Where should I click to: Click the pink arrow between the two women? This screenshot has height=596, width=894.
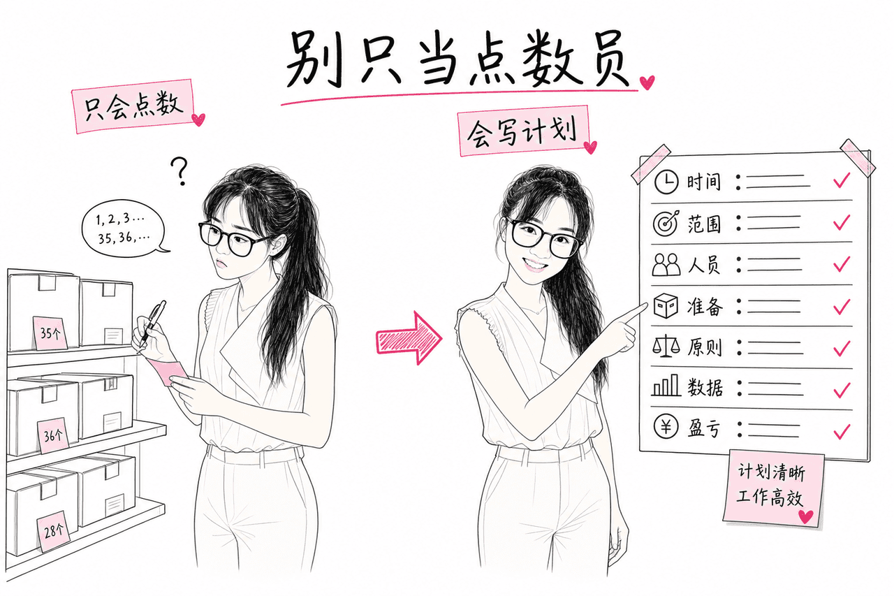click(x=409, y=338)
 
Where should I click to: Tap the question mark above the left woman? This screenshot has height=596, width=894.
click(x=179, y=171)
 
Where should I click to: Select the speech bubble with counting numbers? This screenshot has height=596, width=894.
click(x=124, y=228)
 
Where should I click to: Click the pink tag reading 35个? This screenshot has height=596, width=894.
click(x=50, y=332)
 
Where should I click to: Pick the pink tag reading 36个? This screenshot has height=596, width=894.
click(x=54, y=435)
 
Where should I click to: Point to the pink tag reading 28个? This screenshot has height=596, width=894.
click(x=53, y=531)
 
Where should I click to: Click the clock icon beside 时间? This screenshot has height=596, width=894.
click(x=666, y=182)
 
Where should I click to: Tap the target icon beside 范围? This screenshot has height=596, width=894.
click(x=666, y=223)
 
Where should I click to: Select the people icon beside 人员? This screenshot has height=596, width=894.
click(x=666, y=264)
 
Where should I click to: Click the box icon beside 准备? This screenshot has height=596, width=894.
click(x=666, y=306)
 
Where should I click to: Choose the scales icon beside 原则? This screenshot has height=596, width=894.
click(x=666, y=346)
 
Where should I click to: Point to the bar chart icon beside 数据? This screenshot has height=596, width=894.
click(x=666, y=385)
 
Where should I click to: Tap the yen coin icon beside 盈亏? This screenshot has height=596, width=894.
click(x=666, y=426)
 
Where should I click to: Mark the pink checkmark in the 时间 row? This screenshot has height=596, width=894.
click(x=842, y=180)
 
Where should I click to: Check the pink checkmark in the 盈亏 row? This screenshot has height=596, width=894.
click(x=842, y=431)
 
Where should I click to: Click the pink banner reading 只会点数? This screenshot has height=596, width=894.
click(x=133, y=106)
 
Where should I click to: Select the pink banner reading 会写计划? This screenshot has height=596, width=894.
click(x=524, y=131)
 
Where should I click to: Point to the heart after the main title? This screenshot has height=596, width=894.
click(x=647, y=82)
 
